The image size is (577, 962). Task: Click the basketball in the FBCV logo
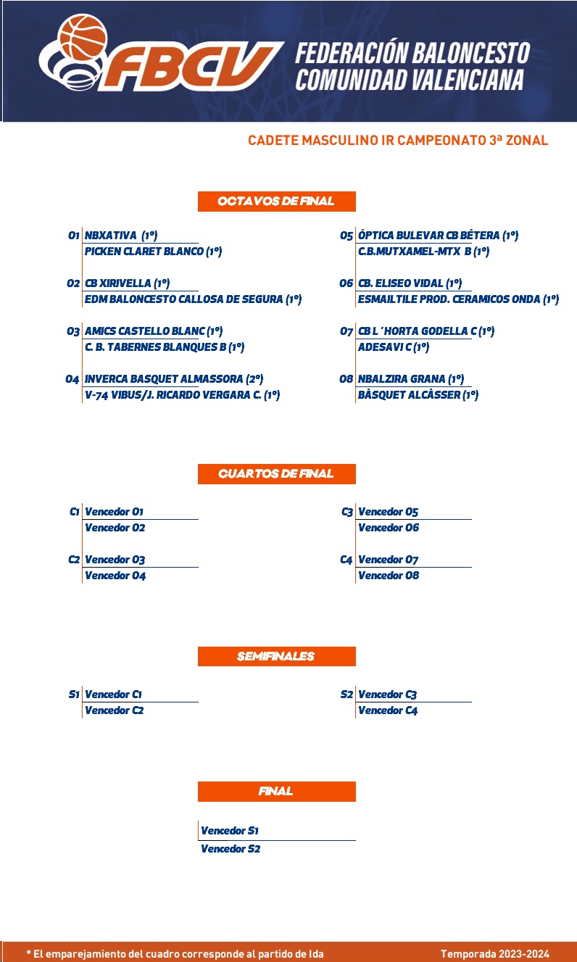tap(83, 38)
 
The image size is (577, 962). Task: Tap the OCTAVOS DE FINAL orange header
tap(276, 202)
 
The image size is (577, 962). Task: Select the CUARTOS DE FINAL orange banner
tap(276, 473)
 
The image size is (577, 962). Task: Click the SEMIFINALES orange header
tap(276, 656)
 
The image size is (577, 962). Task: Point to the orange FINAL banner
tap(276, 792)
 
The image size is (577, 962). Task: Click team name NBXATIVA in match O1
tap(110, 236)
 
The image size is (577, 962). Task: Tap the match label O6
tap(346, 283)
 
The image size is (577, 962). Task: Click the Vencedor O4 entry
tap(115, 576)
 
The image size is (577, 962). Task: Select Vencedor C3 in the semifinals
tap(387, 694)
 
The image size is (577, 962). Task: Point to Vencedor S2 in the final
tap(230, 849)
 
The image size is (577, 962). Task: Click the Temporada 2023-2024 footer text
tap(494, 954)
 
